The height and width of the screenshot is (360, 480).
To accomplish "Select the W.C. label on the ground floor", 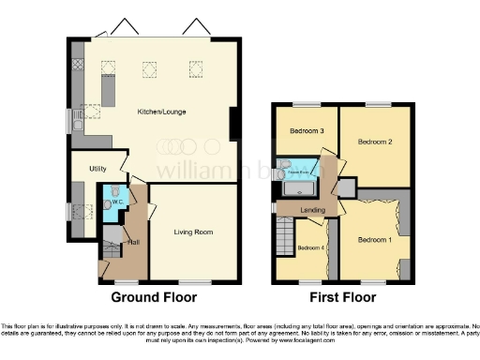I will (118, 202).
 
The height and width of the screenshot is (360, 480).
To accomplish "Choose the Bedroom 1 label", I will (376, 239).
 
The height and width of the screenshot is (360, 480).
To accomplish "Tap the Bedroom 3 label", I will (307, 130).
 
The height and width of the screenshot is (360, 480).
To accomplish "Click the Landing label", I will (312, 210).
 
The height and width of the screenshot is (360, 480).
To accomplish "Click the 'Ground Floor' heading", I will (156, 298).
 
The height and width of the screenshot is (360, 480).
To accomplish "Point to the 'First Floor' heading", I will (342, 298).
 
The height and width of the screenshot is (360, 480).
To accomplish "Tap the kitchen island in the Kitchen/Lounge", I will (108, 91).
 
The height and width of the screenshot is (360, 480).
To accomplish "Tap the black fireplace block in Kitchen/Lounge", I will (233, 123).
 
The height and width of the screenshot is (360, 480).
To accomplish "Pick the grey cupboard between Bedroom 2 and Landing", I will (347, 187).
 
